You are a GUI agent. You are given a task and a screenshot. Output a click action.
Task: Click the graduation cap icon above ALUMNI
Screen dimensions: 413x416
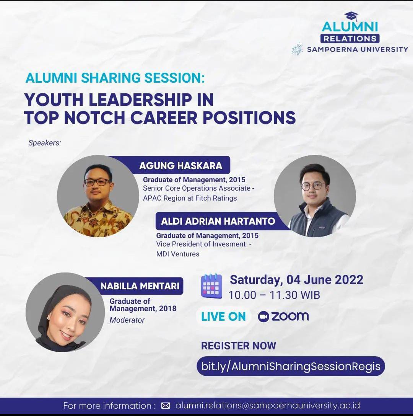pyautogui.click(x=351, y=16)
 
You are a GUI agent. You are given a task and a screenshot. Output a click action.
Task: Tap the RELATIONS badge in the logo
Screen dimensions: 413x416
pyautogui.click(x=350, y=39)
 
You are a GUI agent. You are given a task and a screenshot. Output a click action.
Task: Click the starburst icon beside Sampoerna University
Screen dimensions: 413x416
pyautogui.click(x=297, y=49)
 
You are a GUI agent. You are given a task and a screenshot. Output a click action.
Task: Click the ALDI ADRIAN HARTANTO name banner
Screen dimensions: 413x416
pyautogui.click(x=217, y=221)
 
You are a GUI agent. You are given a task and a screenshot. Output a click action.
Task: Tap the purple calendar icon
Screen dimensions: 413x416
pyautogui.click(x=211, y=286)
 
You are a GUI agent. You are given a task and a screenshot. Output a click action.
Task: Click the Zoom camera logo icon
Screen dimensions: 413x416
pyautogui.click(x=263, y=316)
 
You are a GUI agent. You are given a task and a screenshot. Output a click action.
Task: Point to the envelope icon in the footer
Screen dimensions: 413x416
pyautogui.click(x=166, y=406)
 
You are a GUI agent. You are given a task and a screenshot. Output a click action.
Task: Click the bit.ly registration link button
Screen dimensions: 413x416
pyautogui.click(x=291, y=366)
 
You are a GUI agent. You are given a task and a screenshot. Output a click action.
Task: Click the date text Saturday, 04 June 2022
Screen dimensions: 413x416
pyautogui.click(x=296, y=280)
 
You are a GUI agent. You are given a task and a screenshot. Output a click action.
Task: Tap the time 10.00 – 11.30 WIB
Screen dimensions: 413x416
pyautogui.click(x=274, y=295)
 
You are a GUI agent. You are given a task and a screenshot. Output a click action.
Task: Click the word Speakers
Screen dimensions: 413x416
pyautogui.click(x=44, y=143)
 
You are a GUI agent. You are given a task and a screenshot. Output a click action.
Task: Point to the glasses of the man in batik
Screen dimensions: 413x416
pyautogui.click(x=97, y=182)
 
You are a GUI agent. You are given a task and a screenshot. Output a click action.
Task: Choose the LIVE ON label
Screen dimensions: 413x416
pyautogui.click(x=223, y=317)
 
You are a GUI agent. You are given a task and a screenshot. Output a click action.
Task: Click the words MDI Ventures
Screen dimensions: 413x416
pyautogui.click(x=177, y=254)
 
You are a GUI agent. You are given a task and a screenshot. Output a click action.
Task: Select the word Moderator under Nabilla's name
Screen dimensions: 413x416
pyautogui.click(x=127, y=320)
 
